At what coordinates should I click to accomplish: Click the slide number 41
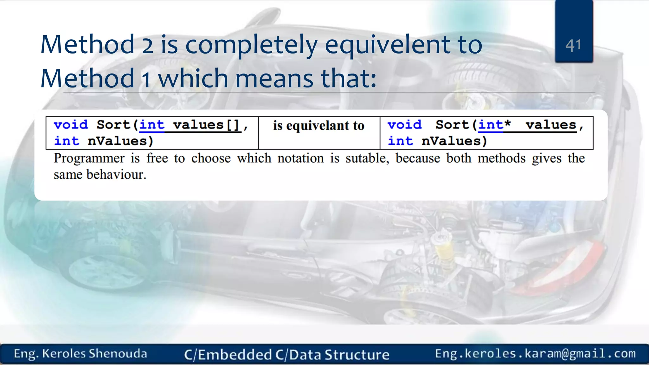(x=573, y=46)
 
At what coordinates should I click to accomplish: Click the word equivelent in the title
(x=387, y=45)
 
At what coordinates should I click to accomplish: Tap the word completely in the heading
(x=251, y=45)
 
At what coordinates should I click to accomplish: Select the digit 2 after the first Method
(x=147, y=45)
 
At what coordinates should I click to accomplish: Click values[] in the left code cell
(x=206, y=125)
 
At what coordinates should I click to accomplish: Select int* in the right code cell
(x=494, y=125)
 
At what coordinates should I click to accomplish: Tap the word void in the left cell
(x=71, y=125)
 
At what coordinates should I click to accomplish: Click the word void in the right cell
(x=405, y=125)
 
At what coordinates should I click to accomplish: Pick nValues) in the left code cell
(x=120, y=141)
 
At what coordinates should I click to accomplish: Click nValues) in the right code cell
(x=454, y=141)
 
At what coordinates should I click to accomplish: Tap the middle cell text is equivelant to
(x=319, y=126)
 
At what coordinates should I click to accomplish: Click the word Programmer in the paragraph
(x=89, y=158)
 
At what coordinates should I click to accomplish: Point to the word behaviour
(x=116, y=175)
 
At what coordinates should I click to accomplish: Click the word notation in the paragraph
(x=300, y=158)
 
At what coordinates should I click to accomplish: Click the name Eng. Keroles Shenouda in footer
(x=80, y=354)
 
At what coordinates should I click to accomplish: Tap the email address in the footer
(x=535, y=354)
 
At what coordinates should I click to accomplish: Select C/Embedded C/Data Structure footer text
(x=287, y=355)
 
